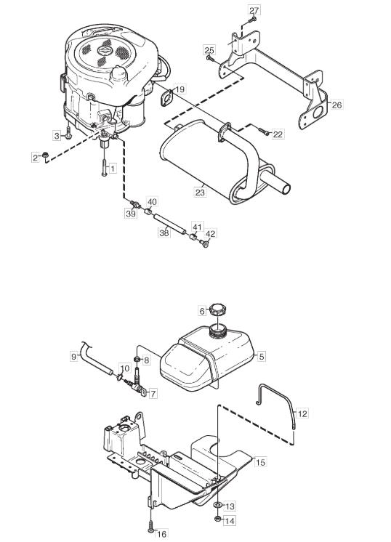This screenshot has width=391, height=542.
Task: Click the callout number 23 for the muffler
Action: point(200,193)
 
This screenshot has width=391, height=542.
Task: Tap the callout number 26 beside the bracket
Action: point(336,105)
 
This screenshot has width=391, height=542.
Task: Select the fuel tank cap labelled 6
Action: point(217,308)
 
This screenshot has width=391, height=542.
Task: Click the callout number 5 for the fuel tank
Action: point(262,356)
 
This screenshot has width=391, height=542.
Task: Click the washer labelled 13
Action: point(217,505)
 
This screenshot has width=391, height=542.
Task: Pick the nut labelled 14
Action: point(218,518)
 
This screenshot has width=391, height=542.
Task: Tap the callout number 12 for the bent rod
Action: point(302,413)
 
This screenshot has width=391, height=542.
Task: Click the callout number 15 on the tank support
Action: point(260,462)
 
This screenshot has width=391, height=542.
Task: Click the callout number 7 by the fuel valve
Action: point(153,393)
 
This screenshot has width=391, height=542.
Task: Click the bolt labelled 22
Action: point(264,131)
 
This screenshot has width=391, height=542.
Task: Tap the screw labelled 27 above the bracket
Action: point(254,20)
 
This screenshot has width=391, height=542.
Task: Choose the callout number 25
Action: point(209,50)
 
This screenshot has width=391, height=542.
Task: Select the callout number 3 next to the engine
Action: point(57,136)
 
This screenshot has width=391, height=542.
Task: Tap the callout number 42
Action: point(210,234)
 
